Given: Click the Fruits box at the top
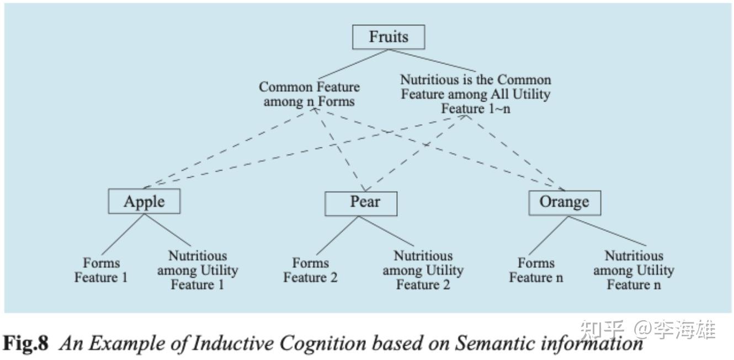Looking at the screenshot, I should pyautogui.click(x=389, y=37).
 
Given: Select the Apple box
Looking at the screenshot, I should pyautogui.click(x=144, y=202).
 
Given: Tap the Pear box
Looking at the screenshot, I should pyautogui.click(x=360, y=203).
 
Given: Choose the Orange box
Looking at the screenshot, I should pyautogui.click(x=564, y=202).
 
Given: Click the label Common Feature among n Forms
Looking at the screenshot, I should pyautogui.click(x=309, y=94).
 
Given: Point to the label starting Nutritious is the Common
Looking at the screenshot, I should pyautogui.click(x=475, y=94).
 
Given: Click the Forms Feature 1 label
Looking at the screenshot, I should pyautogui.click(x=101, y=270).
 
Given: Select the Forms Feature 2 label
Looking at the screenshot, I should pyautogui.click(x=310, y=270).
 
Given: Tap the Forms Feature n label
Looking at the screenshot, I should pyautogui.click(x=536, y=270).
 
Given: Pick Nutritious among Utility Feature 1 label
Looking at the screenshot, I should pyautogui.click(x=197, y=270).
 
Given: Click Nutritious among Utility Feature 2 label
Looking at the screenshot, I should pyautogui.click(x=423, y=270).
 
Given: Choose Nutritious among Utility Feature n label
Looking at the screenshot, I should pyautogui.click(x=634, y=270).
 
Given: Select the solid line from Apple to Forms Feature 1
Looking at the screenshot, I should pyautogui.click(x=123, y=235).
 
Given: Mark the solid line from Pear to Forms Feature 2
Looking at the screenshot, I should pyautogui.click(x=338, y=236).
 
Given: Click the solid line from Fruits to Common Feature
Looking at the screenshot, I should pyautogui.click(x=353, y=65).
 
